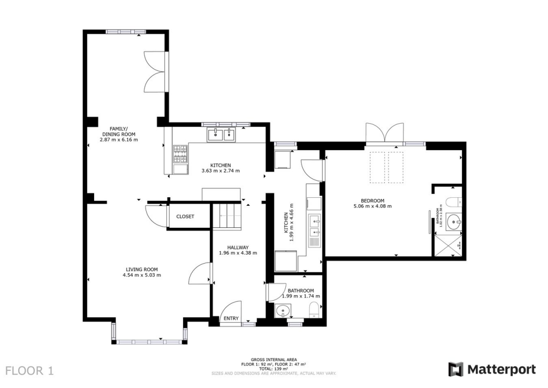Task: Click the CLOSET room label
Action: coord(185,217)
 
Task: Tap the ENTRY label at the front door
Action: coord(231,319)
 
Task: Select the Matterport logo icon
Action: coord(455,369)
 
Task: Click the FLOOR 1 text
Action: coord(30,370)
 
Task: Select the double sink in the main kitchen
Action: coord(221,134)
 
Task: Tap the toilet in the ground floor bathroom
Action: coord(314,310)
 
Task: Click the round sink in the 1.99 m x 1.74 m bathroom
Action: coord(283,311)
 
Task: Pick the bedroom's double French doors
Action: coord(384,133)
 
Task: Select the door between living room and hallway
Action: coord(201,274)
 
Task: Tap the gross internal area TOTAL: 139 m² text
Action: coord(274,369)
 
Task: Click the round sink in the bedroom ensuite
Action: coord(454,220)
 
